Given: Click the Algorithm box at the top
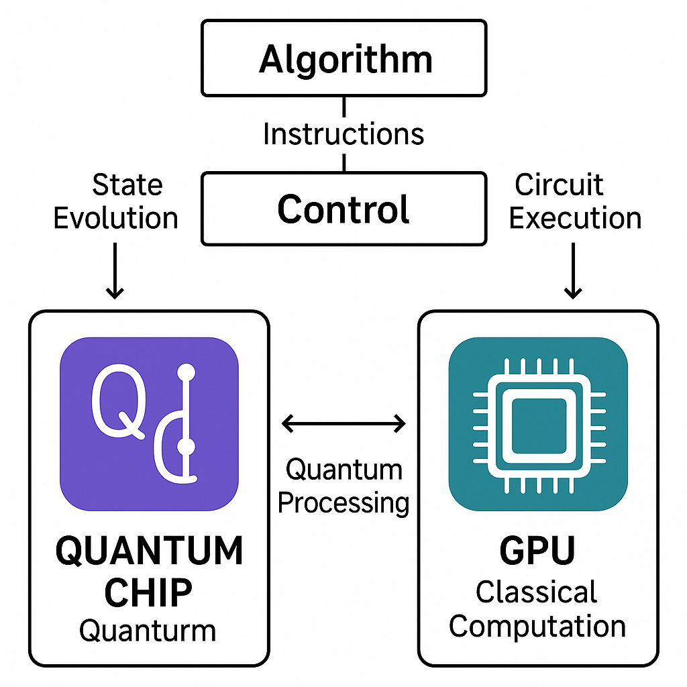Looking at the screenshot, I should (344, 58).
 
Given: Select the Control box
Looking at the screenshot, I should (344, 209).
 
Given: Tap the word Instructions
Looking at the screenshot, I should (343, 134).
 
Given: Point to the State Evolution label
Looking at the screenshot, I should (115, 201).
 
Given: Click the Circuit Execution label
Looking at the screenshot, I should (574, 201).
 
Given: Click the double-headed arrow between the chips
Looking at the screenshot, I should (343, 423).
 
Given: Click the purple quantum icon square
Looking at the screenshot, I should (149, 424).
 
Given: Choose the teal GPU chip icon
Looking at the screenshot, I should (538, 424).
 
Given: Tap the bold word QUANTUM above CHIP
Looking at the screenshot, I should (149, 552).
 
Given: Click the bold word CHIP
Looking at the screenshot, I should (149, 592).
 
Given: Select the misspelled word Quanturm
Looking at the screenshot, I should (148, 631).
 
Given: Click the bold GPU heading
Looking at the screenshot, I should (537, 552).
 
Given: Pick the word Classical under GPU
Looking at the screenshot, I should (537, 592).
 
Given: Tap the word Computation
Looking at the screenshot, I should (537, 626).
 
